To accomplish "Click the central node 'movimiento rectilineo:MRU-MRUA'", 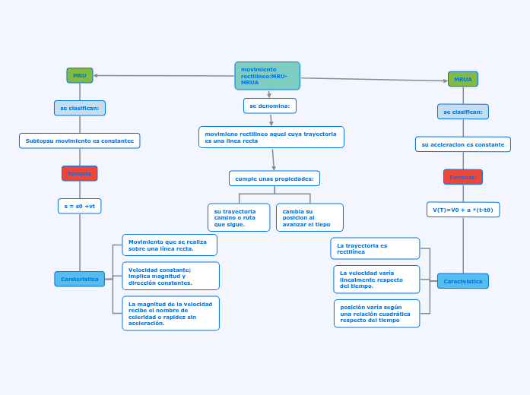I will pos(267,76).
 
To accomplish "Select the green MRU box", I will pos(80,75).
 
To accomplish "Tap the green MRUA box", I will pos(463,79).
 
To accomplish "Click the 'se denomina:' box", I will pos(270,106).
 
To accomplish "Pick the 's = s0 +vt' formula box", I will pos(80,206).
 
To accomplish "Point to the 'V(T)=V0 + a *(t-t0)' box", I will pos(463,210).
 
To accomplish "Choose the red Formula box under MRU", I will pos(80,173).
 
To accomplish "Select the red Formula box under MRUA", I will pos(463,177).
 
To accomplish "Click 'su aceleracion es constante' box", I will pos(463,144).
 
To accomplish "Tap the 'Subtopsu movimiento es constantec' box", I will pos(80,141).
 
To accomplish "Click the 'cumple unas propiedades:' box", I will pos(275,179).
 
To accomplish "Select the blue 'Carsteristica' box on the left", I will pos(80,279).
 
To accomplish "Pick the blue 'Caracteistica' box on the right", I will pos(463,281).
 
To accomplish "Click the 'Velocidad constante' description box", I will pos(170,276).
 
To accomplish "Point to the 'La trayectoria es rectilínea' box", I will pos(375,248).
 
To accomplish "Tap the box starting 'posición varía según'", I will pos(376,313).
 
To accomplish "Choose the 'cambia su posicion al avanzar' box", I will pos(309,217).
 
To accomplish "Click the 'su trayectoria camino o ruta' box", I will pos(239,217).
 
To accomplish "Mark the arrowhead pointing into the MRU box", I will pos(97,75).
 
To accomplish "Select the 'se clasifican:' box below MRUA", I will pos(463,112).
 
